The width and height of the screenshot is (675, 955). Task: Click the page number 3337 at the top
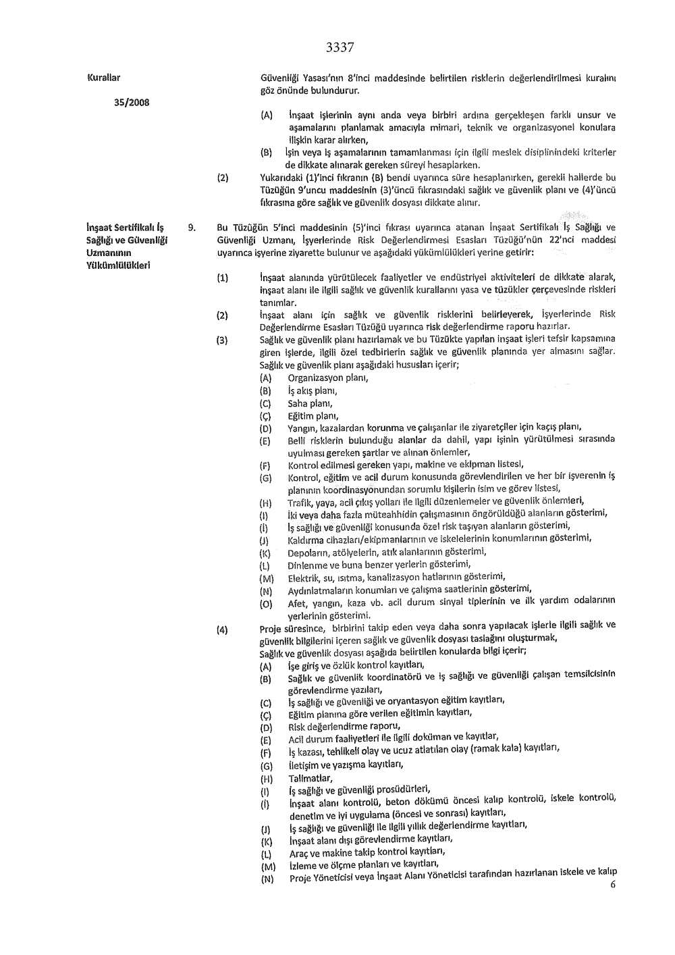tap(340, 47)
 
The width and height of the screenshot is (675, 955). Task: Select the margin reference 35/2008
tap(131, 102)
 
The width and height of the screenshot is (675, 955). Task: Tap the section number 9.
tap(192, 228)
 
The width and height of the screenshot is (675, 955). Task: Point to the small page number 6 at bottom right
tap(613, 885)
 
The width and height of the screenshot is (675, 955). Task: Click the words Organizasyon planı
tap(327, 378)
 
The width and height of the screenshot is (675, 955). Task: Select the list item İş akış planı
tap(312, 390)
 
